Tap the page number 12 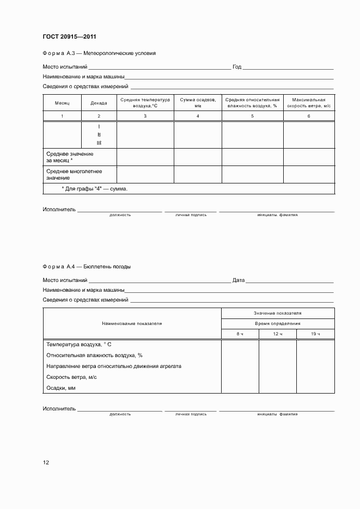point(46,462)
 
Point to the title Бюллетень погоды point(108,267)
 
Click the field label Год point(237,67)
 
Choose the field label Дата point(238,280)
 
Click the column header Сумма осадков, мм point(198,103)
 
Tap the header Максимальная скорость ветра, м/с point(308,103)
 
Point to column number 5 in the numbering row point(252,116)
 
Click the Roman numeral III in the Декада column point(99,143)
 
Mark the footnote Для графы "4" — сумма point(95,188)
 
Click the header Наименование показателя point(132,323)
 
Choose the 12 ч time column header point(277,334)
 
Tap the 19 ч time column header point(315,334)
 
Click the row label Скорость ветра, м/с point(72,377)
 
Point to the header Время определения point(277,323)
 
